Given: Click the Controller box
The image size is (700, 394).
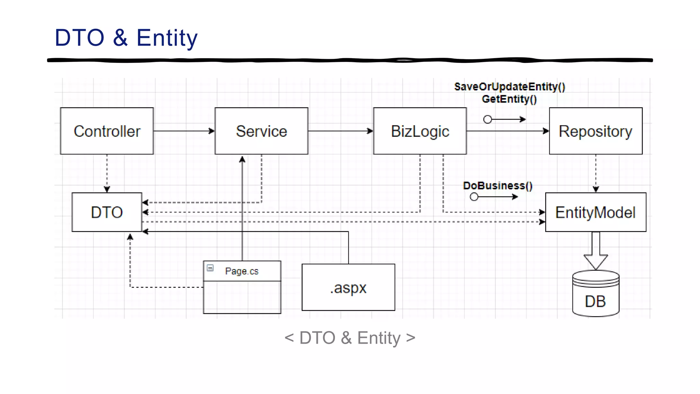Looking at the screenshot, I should (x=107, y=131).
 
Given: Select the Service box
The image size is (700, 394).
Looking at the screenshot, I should (x=261, y=131).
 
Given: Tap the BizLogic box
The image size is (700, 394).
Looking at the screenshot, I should (x=420, y=131).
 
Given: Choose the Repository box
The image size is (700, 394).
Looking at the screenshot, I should (x=595, y=131).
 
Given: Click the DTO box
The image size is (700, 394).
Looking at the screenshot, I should (x=107, y=212).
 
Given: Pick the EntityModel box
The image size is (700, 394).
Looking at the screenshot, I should (x=595, y=212).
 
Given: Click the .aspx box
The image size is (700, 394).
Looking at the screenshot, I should (x=348, y=287).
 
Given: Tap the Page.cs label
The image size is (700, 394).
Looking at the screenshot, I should (x=242, y=271).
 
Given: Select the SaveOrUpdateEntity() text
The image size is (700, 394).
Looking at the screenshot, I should (x=509, y=87).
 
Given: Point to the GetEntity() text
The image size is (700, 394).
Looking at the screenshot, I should (x=509, y=99).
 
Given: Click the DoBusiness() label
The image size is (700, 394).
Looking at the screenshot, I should (x=498, y=185).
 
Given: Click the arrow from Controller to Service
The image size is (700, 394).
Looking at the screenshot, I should (x=184, y=131).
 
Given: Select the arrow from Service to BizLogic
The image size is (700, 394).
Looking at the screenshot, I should (x=340, y=131).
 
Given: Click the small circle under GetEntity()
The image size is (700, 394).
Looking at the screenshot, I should (x=488, y=119).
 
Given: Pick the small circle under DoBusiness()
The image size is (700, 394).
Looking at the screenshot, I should (x=474, y=197).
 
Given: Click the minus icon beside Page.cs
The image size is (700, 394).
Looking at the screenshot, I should (x=210, y=268).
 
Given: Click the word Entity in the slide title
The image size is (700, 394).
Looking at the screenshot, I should (x=167, y=38).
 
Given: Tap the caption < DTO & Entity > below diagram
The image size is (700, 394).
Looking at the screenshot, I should (x=350, y=338).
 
